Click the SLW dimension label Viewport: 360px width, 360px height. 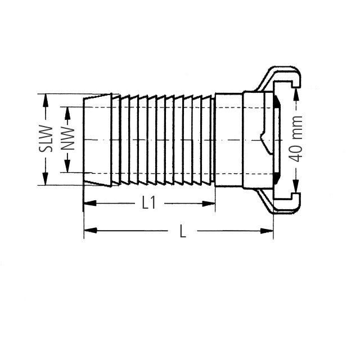coord(49,139)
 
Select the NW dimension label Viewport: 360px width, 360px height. coord(68,139)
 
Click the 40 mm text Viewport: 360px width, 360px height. coord(297,139)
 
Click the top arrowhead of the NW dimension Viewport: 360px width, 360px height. coord(68,111)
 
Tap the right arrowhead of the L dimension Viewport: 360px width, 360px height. coord(268,231)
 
